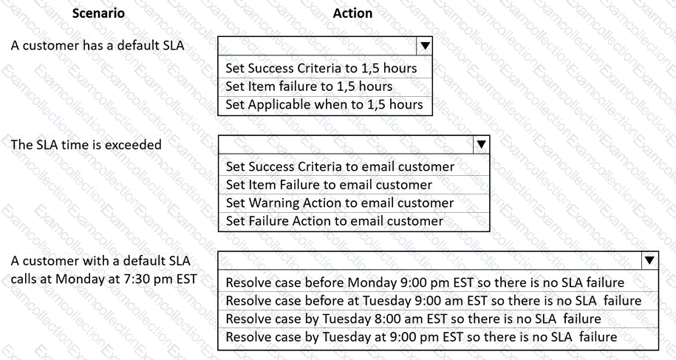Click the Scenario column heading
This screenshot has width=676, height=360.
click(x=98, y=13)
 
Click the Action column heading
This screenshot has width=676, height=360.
click(x=352, y=13)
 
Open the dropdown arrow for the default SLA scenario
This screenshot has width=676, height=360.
click(x=425, y=46)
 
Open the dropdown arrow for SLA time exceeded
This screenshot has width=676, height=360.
click(x=481, y=144)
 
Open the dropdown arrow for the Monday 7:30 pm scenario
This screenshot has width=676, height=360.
click(x=649, y=260)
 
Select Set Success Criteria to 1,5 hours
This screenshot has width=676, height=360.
click(x=321, y=68)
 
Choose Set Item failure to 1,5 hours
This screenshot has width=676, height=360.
click(x=309, y=86)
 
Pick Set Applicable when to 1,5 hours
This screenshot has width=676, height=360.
click(x=324, y=104)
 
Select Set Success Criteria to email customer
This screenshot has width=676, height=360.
click(x=340, y=166)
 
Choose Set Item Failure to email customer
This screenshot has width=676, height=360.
click(x=329, y=185)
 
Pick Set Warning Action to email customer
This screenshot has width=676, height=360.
click(x=340, y=203)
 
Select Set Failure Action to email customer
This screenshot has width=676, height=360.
click(x=335, y=221)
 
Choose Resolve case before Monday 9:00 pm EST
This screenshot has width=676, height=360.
click(x=425, y=282)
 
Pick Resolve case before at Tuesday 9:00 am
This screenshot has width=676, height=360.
click(x=433, y=301)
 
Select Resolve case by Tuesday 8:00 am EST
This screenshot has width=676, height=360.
click(x=413, y=319)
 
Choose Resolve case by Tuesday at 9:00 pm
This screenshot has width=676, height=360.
click(x=421, y=337)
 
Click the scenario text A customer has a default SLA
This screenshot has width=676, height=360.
click(x=98, y=45)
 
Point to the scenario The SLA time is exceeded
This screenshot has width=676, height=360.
click(x=86, y=144)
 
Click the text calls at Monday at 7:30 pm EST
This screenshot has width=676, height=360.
click(x=103, y=279)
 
